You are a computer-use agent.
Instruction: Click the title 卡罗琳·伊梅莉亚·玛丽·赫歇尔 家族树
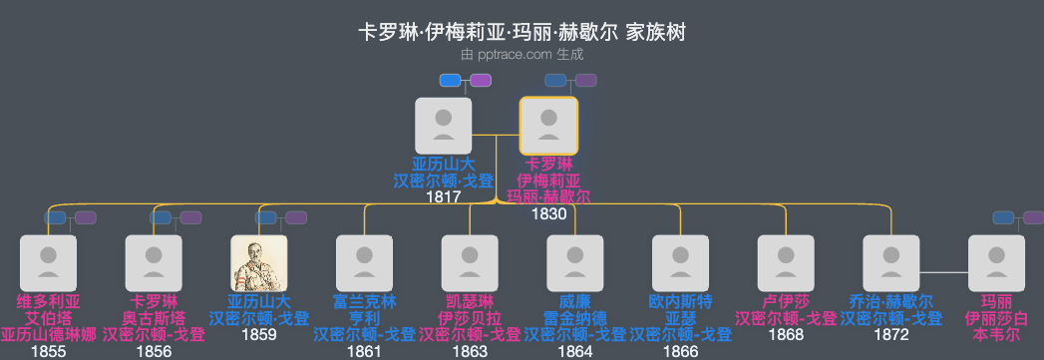point(522,33)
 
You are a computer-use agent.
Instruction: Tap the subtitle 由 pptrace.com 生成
point(522,56)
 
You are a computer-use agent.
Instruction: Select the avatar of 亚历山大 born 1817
point(443,126)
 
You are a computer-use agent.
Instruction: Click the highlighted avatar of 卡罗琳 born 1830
point(548,126)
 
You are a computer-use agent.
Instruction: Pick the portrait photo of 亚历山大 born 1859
point(258,263)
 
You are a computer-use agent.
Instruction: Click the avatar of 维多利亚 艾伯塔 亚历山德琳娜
point(48,263)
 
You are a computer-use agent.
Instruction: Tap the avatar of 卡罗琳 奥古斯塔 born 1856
point(154,263)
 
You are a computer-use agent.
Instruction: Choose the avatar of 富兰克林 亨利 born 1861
point(364,263)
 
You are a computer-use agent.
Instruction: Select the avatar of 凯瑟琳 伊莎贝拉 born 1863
point(470,263)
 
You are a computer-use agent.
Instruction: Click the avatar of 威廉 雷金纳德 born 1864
point(575,263)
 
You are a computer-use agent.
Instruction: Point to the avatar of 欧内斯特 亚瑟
point(681,263)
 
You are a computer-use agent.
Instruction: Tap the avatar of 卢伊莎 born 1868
point(786,263)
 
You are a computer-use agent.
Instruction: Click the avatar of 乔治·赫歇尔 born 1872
point(891,263)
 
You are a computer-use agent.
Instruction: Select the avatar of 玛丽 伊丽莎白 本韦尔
point(997,263)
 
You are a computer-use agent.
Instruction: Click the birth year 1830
point(548,214)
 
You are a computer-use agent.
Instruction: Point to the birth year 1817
point(443,197)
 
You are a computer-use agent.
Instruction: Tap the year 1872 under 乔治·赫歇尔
point(891,335)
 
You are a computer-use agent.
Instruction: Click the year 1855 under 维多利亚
point(48,352)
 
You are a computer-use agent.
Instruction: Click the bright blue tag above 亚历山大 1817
point(451,80)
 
